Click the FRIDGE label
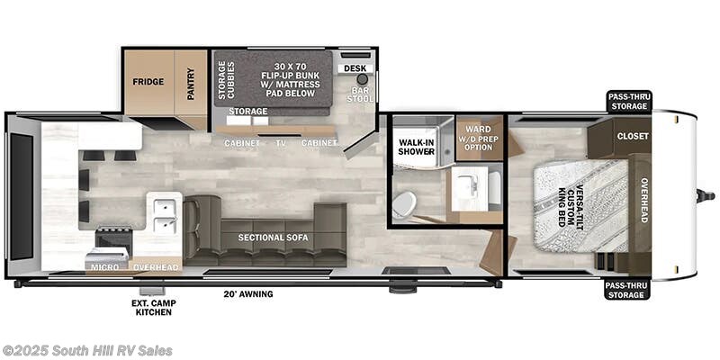tap(148, 82)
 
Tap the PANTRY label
tap(191, 84)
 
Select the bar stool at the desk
tap(363, 79)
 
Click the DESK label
tap(355, 68)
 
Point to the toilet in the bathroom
tap(404, 204)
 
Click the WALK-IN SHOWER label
tap(416, 147)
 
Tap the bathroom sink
tap(469, 189)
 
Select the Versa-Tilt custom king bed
tap(580, 206)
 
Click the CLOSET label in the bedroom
tap(633, 137)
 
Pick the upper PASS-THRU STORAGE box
tap(627, 102)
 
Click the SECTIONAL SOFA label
tap(273, 238)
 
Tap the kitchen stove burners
tap(114, 238)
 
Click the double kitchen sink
tap(164, 214)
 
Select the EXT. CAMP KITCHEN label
tap(153, 308)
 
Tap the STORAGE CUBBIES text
tap(227, 80)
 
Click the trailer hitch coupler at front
tap(706, 196)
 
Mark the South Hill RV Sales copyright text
tap(86, 351)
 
